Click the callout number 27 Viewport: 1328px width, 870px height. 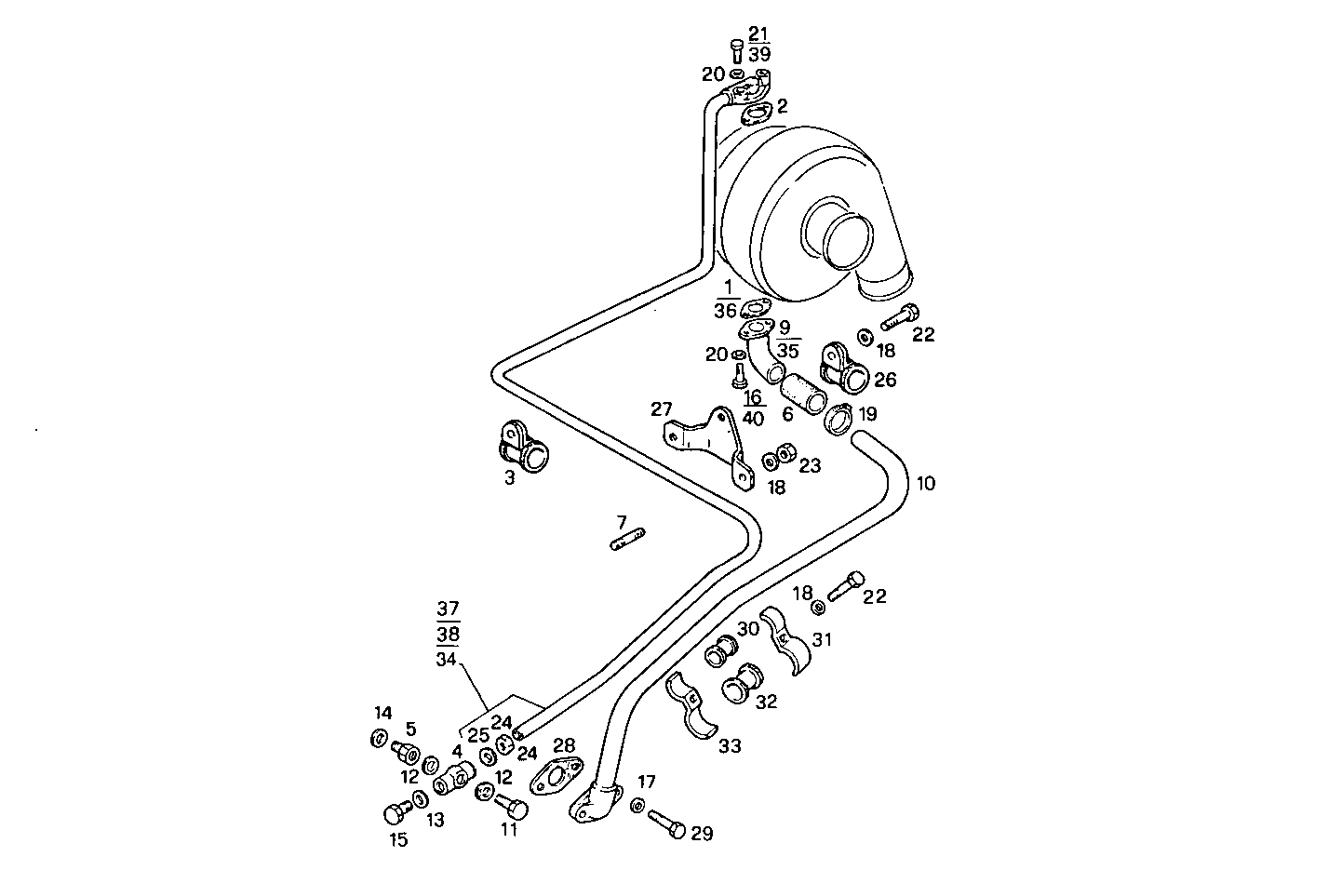661,408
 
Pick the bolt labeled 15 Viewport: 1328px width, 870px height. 396,813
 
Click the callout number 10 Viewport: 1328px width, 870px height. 925,484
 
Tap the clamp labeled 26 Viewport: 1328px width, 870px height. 845,367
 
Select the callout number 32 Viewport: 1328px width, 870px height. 766,702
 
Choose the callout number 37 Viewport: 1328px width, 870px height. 448,610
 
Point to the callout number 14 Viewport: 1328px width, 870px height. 382,714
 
